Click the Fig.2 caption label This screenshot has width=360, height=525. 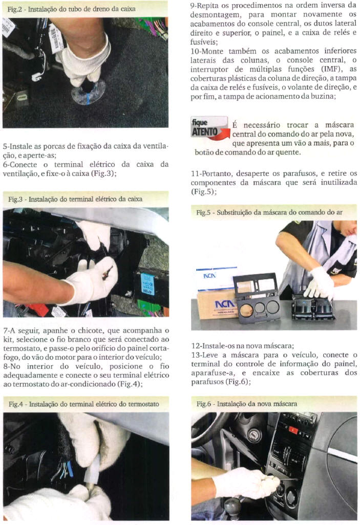(x=71, y=9)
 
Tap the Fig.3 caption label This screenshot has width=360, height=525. (x=75, y=199)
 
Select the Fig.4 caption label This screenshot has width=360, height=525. (x=84, y=404)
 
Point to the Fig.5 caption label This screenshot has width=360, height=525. (x=269, y=212)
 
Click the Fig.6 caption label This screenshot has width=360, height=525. (x=247, y=404)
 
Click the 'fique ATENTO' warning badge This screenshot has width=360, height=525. (x=209, y=128)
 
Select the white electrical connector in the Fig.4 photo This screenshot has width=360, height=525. (x=92, y=470)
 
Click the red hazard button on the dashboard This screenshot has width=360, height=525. (x=293, y=430)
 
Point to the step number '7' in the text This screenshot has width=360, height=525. (x=5, y=331)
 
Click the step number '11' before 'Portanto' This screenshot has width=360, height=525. (x=195, y=174)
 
